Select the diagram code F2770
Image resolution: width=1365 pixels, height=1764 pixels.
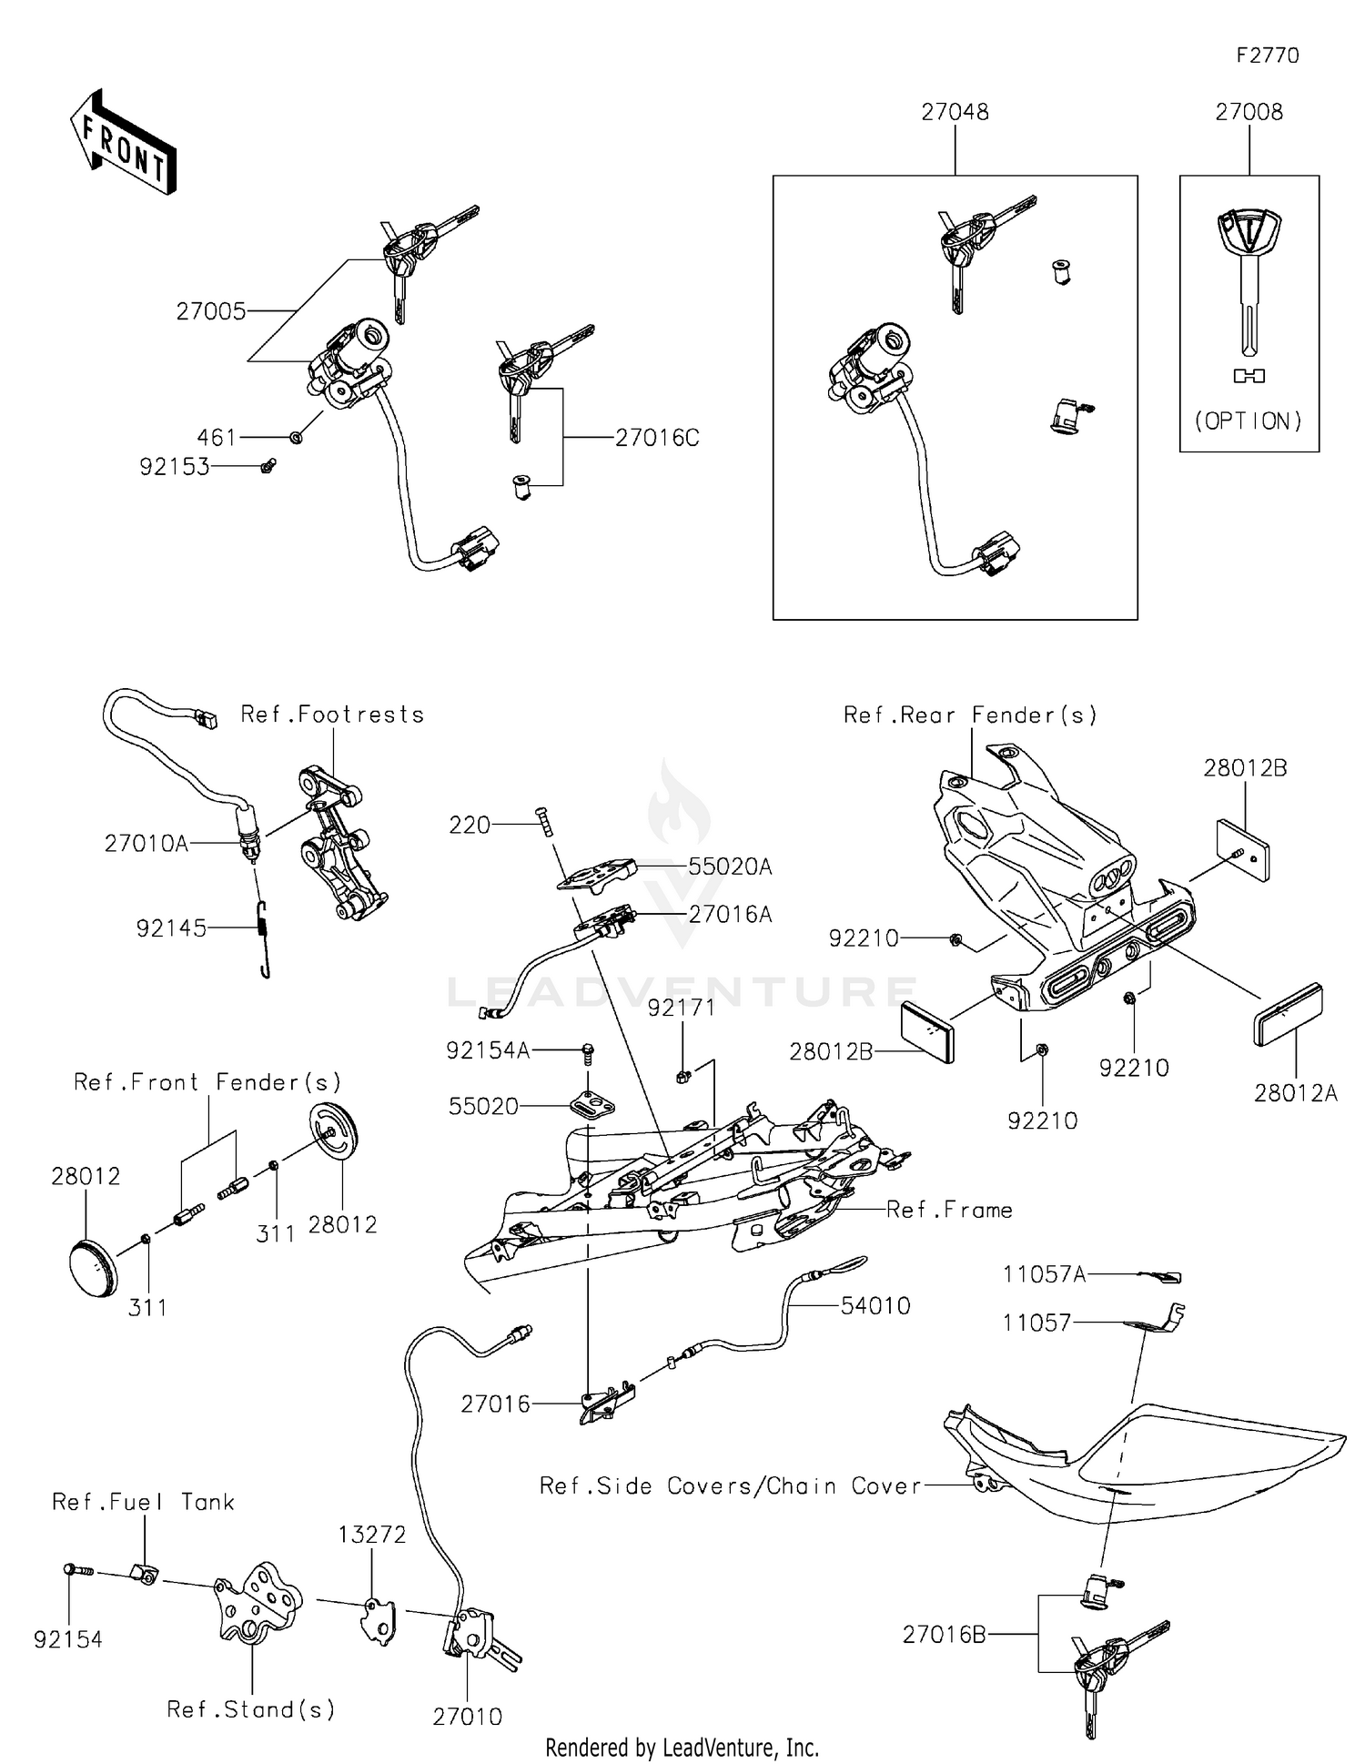click(1267, 56)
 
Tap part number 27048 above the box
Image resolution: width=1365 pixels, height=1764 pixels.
click(955, 112)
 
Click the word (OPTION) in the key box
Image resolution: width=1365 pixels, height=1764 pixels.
click(1249, 421)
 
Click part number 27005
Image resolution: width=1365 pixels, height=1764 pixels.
click(211, 311)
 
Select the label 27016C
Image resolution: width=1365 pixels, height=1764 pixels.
click(657, 438)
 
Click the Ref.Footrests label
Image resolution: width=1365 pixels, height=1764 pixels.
click(332, 715)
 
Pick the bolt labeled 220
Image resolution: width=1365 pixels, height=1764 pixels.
click(545, 823)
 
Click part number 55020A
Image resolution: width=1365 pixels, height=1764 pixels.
click(730, 867)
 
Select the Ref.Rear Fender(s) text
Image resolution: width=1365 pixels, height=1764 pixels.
click(970, 715)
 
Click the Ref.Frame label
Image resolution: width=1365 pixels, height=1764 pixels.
click(949, 1210)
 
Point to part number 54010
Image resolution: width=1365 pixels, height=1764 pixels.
click(875, 1306)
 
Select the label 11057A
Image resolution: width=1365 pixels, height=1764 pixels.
click(1044, 1274)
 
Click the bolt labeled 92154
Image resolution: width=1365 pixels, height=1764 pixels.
click(77, 1570)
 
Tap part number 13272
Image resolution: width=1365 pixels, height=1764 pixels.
click(371, 1535)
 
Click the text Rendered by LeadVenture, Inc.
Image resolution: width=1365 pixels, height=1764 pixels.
click(682, 1748)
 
